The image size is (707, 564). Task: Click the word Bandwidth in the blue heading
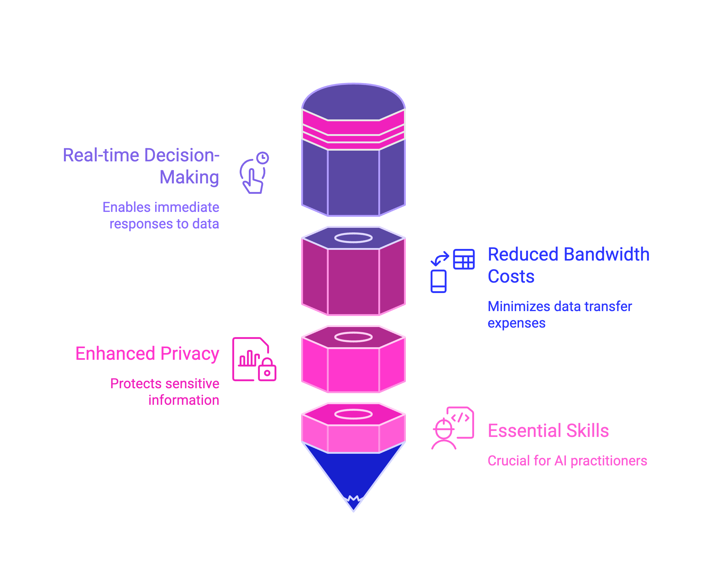pyautogui.click(x=607, y=255)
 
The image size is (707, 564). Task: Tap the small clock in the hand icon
pyautogui.click(x=263, y=158)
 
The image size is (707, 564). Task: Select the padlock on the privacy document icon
pyautogui.click(x=267, y=370)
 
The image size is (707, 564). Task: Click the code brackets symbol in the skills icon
pyautogui.click(x=460, y=418)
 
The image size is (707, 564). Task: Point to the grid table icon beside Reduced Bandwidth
pyautogui.click(x=464, y=259)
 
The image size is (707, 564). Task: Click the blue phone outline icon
pyautogui.click(x=438, y=281)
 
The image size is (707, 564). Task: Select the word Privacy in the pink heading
pyautogui.click(x=190, y=354)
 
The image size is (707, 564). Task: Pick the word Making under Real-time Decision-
pyautogui.click(x=189, y=178)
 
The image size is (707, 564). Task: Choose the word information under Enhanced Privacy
pyautogui.click(x=184, y=400)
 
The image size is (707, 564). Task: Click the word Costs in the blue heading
pyautogui.click(x=511, y=276)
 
